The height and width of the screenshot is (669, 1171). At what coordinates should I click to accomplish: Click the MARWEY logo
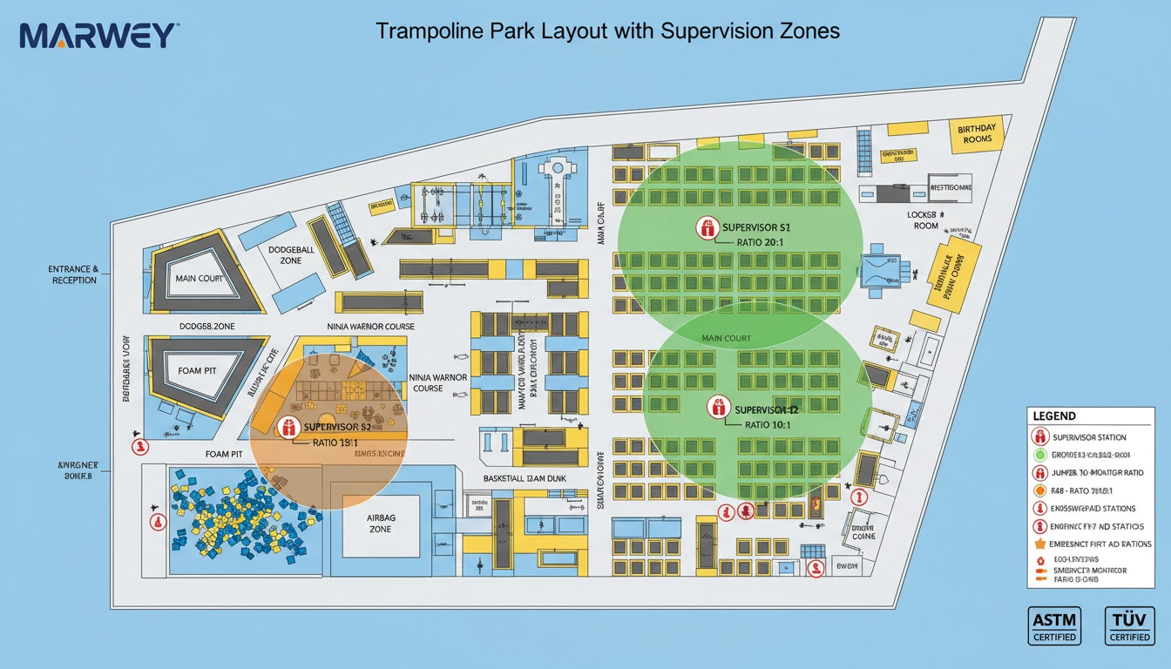[98, 36]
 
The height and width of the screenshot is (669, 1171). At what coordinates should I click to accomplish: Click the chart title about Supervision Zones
[607, 30]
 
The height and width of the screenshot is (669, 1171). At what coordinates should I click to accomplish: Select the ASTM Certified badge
[1053, 625]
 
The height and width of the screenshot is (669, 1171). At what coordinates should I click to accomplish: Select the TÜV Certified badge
[1129, 625]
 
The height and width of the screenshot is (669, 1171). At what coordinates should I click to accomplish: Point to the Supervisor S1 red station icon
[707, 228]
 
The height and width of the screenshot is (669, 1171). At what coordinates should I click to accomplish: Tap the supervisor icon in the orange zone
[287, 427]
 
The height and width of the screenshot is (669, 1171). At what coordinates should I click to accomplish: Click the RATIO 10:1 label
[768, 424]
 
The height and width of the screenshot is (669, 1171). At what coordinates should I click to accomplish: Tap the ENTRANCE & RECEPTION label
[74, 275]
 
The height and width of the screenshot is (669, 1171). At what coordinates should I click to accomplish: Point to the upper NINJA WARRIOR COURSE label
[370, 327]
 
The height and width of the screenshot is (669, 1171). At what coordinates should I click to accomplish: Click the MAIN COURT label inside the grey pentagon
[200, 279]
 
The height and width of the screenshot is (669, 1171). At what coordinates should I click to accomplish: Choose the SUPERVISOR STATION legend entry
[1089, 437]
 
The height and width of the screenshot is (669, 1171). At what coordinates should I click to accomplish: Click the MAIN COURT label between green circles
[726, 338]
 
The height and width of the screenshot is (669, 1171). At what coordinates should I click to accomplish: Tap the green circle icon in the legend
[1039, 455]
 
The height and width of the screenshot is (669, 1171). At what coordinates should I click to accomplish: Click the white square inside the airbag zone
[381, 525]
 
